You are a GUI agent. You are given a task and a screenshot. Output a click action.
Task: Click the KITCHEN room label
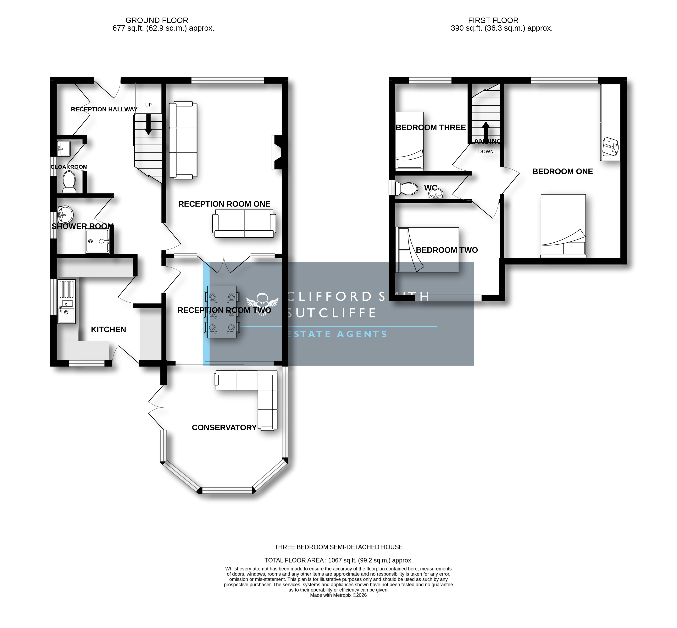[x=108, y=329]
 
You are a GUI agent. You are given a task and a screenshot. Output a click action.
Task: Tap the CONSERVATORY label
[x=224, y=427]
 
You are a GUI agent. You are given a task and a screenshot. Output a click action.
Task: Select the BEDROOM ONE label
[x=563, y=172]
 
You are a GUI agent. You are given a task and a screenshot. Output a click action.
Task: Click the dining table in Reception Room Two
[x=222, y=312]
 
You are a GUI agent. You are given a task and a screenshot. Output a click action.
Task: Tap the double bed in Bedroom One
[x=563, y=225]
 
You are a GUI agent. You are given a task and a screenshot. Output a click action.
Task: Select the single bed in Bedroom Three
[x=409, y=141]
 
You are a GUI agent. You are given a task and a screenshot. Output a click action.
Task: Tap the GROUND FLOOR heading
[x=157, y=20]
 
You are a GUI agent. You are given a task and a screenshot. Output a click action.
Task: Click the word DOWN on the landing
[x=486, y=151]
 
